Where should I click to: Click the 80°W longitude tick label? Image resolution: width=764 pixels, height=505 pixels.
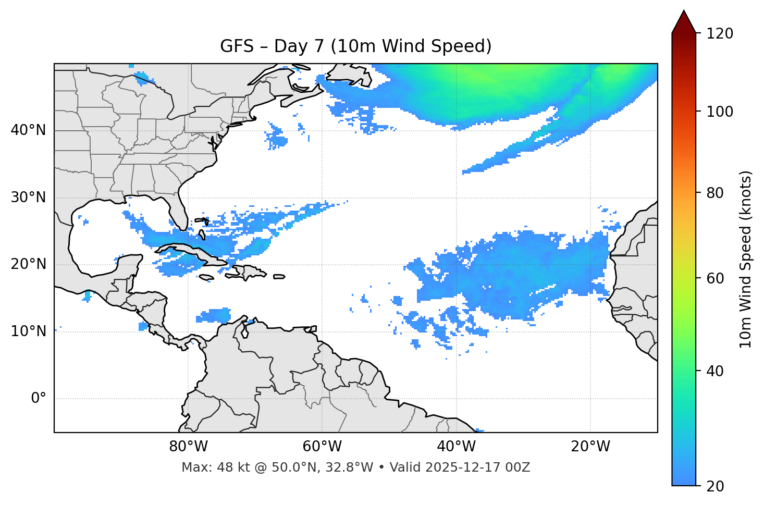click(188, 447)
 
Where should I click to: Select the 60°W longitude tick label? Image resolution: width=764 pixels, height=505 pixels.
click(322, 447)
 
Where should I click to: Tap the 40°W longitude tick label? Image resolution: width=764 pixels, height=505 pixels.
click(456, 447)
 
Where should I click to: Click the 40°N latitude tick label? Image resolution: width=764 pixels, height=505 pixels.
click(28, 130)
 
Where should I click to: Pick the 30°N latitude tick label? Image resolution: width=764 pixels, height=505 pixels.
click(28, 198)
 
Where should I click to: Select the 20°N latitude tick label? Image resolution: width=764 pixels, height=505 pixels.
click(28, 264)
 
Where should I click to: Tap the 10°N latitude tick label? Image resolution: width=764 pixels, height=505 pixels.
click(28, 331)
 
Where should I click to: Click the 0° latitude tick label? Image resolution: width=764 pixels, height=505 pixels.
click(39, 399)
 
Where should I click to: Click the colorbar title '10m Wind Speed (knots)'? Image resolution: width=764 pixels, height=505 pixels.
click(746, 260)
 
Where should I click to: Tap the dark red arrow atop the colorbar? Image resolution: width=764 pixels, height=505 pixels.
click(684, 22)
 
